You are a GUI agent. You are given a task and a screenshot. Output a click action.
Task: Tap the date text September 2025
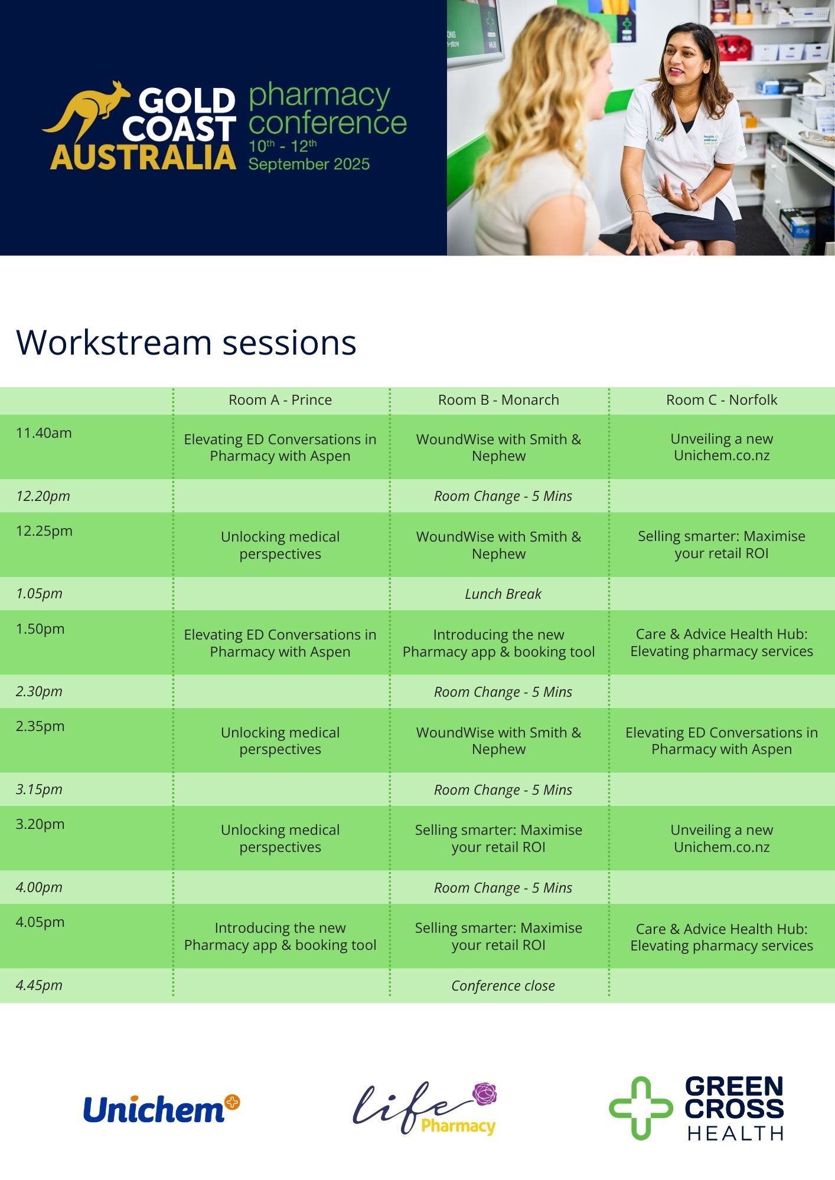tap(309, 164)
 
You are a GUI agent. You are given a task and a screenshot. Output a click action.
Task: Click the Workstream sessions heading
tap(187, 342)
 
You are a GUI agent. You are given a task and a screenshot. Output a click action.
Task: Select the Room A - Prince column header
tap(280, 400)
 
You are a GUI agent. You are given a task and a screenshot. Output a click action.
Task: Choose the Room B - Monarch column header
tap(498, 400)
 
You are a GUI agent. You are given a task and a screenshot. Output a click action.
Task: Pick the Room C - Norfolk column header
tap(722, 400)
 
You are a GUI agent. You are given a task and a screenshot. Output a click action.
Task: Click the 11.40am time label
tap(44, 433)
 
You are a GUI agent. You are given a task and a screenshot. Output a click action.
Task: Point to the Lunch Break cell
tap(503, 594)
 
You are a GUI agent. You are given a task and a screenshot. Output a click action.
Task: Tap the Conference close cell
tap(503, 986)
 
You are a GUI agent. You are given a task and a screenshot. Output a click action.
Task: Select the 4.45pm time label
tap(39, 985)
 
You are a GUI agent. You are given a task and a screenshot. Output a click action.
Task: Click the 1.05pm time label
tap(39, 594)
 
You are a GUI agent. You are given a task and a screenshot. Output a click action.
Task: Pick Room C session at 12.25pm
tap(722, 545)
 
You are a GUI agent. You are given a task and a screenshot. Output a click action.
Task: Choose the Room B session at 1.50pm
tap(498, 643)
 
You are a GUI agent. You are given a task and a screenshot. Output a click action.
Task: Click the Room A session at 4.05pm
tap(280, 936)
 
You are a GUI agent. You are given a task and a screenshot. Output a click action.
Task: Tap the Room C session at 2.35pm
tap(722, 741)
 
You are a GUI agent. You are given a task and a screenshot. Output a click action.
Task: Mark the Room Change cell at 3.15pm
tap(503, 790)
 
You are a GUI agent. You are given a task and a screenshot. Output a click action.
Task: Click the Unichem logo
tap(161, 1109)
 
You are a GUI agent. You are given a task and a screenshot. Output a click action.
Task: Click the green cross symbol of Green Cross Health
tap(641, 1108)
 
